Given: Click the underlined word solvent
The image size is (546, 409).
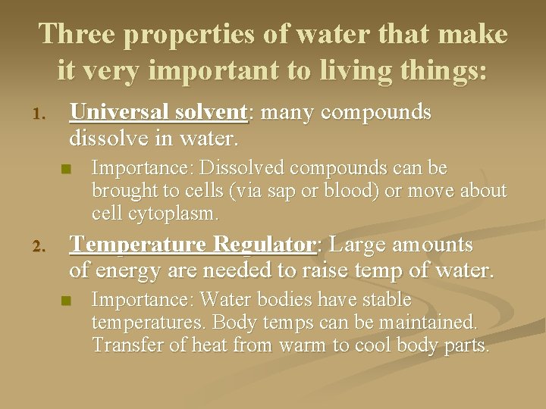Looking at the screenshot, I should [214, 112].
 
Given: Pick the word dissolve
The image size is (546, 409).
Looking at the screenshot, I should [106, 139].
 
